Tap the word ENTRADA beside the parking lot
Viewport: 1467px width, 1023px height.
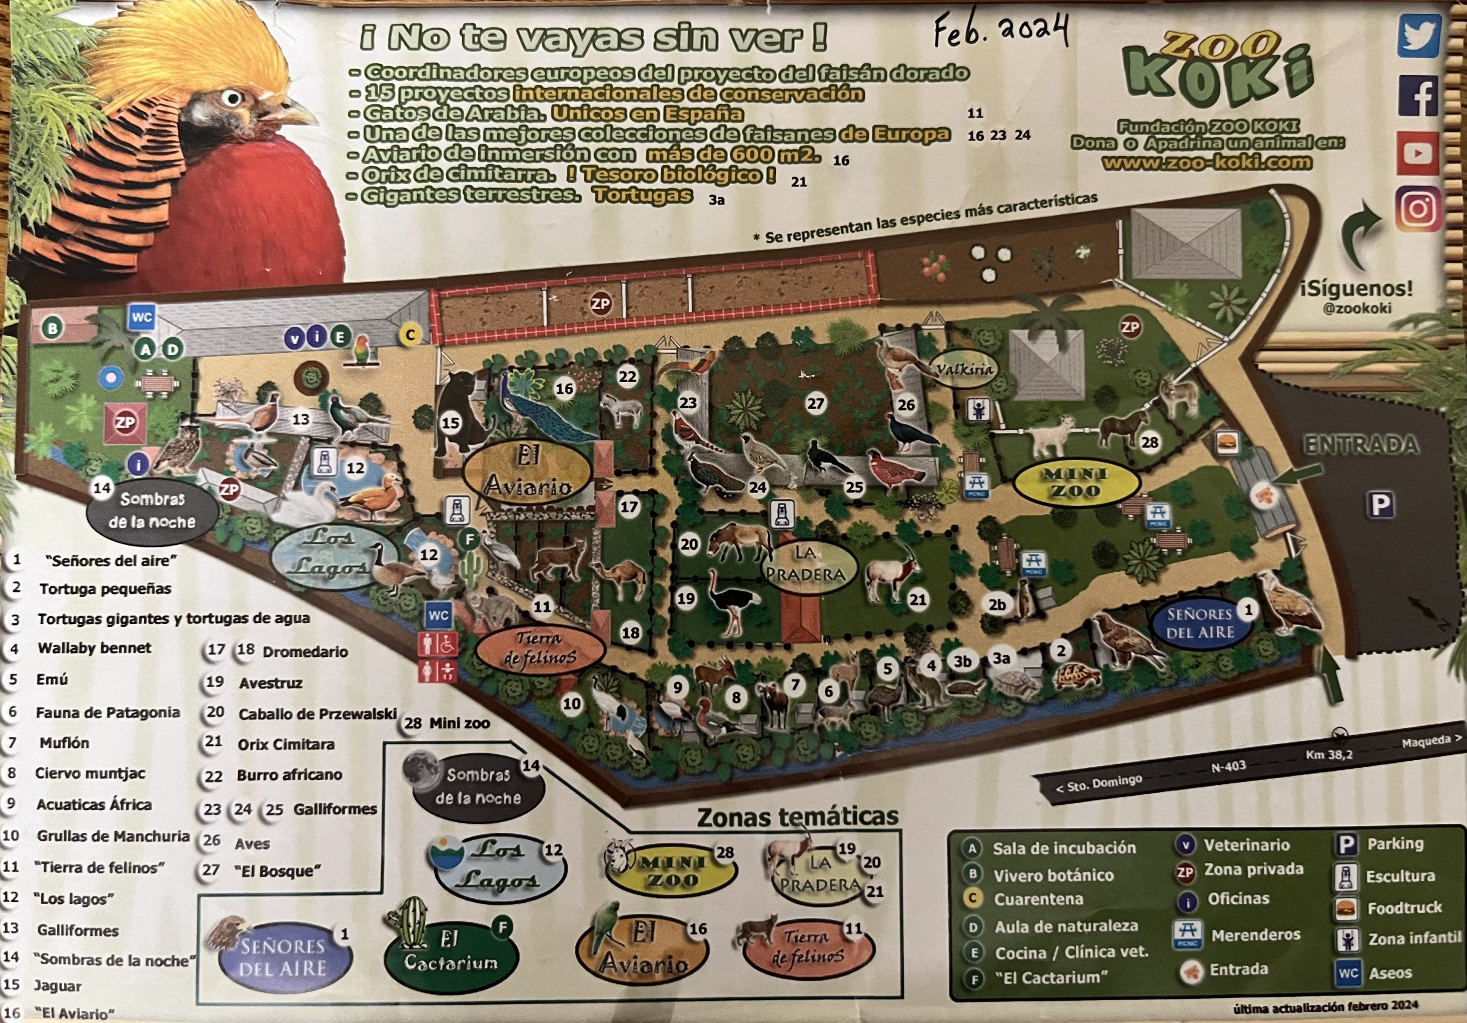1361,445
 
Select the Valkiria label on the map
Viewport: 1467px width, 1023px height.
965,368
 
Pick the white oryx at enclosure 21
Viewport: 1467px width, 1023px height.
891,572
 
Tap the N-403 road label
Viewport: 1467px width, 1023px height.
1228,766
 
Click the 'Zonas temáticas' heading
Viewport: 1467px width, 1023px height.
797,817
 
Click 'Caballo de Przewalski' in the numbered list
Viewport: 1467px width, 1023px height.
317,714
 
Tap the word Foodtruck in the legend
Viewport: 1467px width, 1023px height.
1404,907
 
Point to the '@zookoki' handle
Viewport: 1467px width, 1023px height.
1357,308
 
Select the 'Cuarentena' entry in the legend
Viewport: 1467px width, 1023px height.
1038,899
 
